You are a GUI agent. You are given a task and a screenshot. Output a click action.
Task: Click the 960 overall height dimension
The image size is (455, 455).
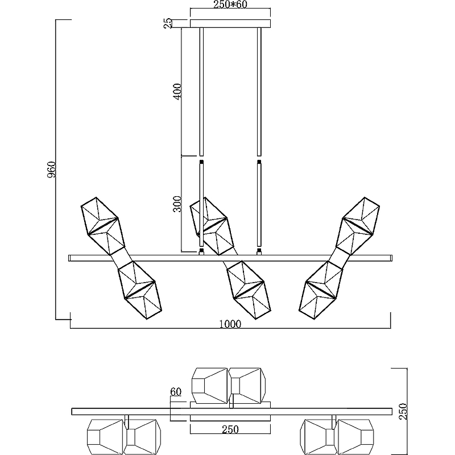(x=51, y=169)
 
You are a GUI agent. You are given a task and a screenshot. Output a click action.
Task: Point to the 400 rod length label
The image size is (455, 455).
(x=177, y=91)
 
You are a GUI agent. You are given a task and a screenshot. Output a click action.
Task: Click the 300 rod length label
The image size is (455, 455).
(x=177, y=203)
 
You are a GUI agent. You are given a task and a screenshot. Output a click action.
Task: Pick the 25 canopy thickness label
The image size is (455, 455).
(x=167, y=23)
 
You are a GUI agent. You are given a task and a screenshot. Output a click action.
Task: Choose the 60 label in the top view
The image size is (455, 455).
(x=175, y=392)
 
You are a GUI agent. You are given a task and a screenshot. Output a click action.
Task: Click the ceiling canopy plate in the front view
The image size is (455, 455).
(x=230, y=23)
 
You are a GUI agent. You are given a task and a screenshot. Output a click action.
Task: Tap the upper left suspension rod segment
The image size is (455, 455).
(x=201, y=91)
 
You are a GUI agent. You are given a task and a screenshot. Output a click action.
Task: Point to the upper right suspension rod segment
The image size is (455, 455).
(x=259, y=91)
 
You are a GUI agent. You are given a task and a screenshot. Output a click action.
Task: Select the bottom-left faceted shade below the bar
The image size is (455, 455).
(x=137, y=290)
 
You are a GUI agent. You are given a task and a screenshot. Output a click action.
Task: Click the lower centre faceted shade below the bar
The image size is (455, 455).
(x=245, y=289)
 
